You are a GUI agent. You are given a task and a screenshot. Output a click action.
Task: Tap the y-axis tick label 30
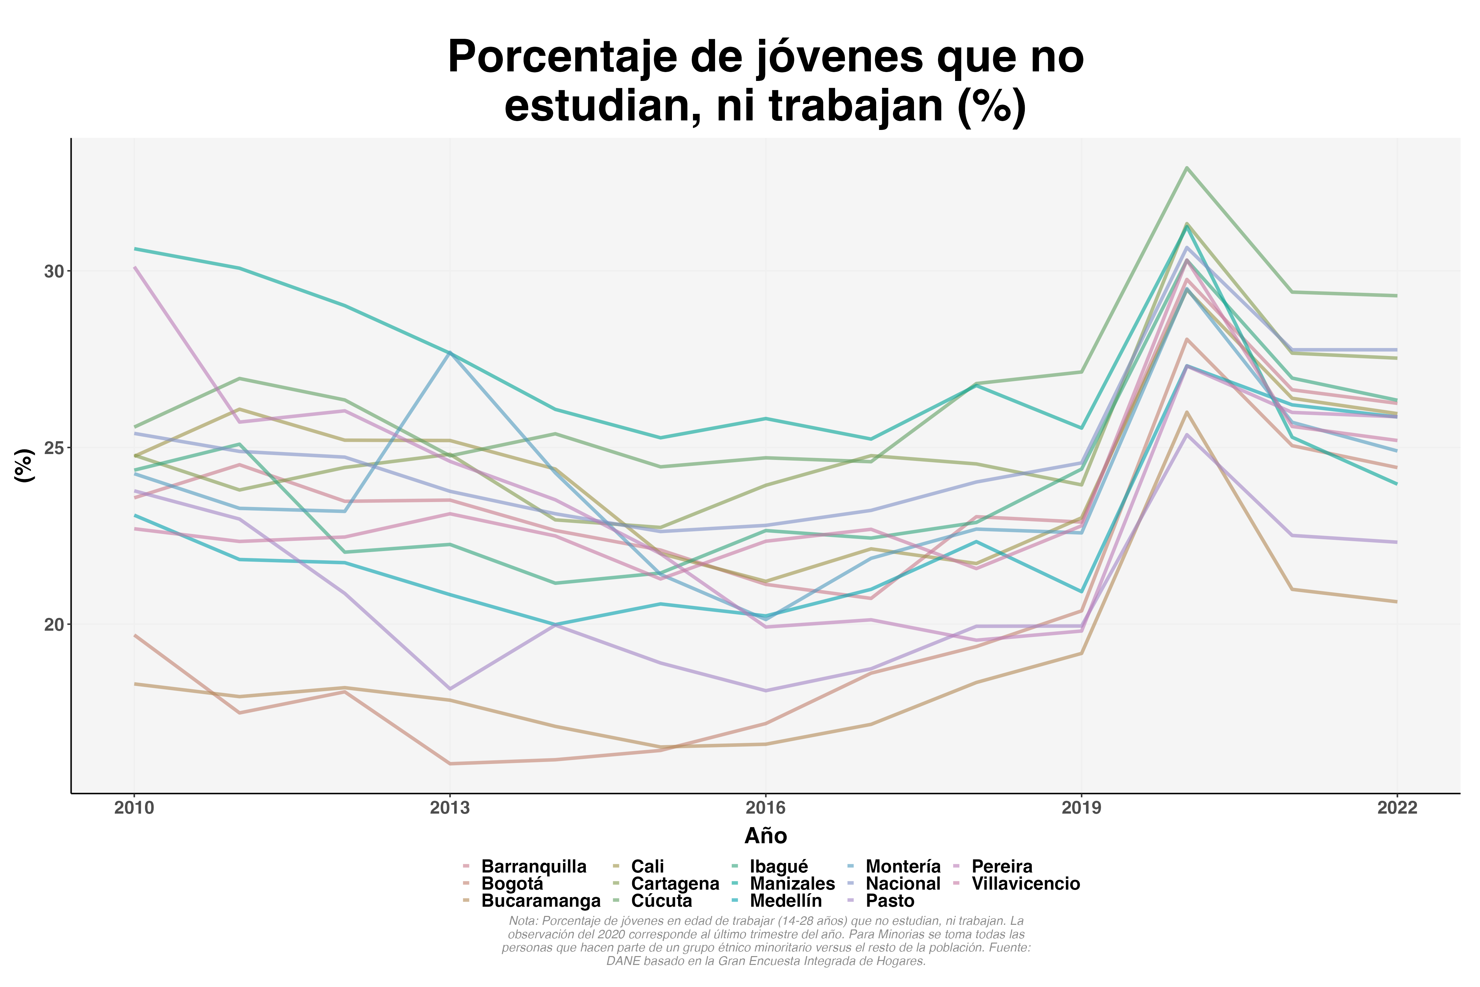pos(54,271)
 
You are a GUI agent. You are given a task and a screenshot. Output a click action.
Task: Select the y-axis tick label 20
pos(54,624)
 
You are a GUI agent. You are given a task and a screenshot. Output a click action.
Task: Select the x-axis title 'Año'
pos(766,836)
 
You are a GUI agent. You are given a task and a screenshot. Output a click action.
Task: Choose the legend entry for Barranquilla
pos(533,867)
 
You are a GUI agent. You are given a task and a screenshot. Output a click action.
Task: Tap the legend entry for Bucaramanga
pos(540,901)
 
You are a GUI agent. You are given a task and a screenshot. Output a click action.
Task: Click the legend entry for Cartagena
pos(675,884)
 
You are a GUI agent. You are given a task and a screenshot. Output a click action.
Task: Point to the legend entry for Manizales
pos(792,884)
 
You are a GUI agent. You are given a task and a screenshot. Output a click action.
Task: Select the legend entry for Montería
pos(903,867)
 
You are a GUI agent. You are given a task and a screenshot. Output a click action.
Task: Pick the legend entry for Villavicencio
pos(1026,884)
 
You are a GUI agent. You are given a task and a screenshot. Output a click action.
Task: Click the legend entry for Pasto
pos(890,901)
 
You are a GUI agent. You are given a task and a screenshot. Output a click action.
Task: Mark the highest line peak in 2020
pos(1187,167)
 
